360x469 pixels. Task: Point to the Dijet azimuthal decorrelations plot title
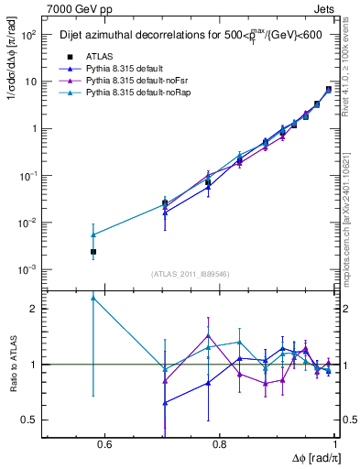(x=183, y=36)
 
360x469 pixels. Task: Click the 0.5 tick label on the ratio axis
(x=29, y=420)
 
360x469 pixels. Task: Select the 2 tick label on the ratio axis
(x=35, y=309)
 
